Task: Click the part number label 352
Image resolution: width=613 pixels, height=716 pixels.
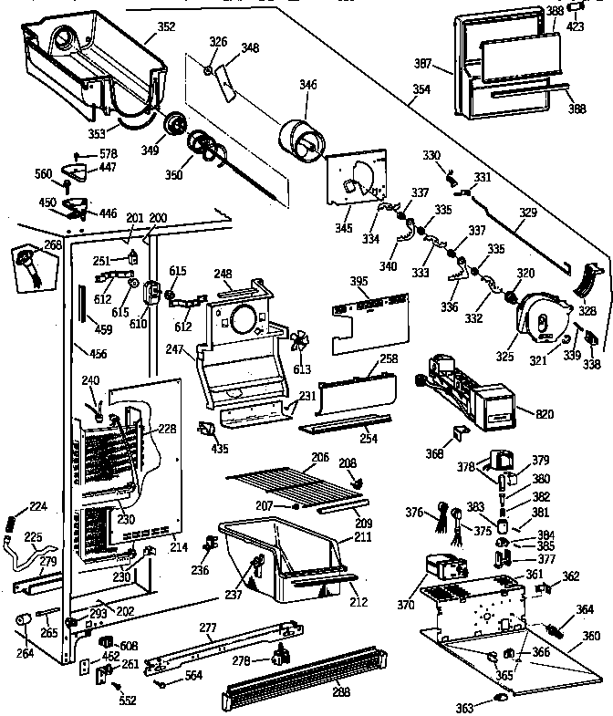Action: [x=165, y=26]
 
